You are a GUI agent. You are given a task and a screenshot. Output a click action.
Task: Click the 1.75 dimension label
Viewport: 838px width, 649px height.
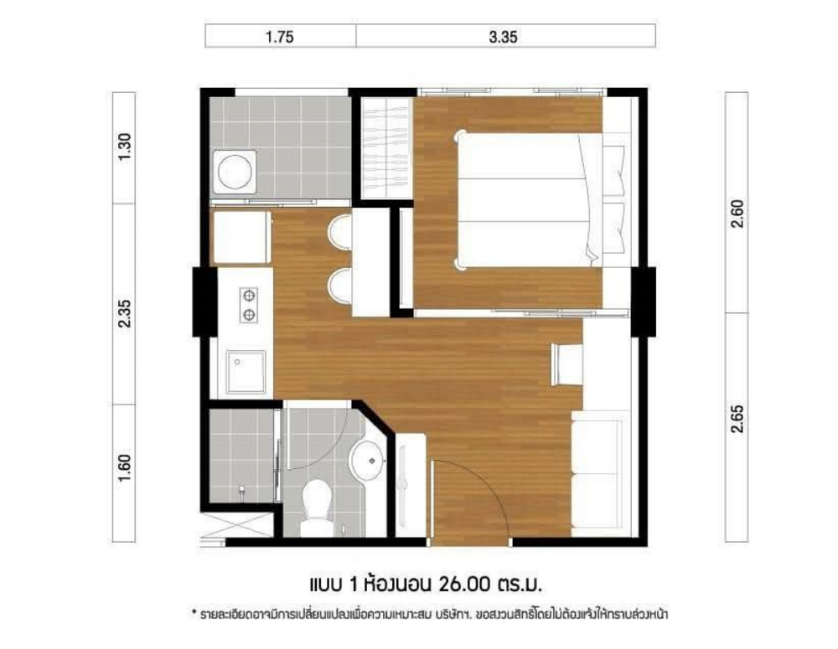tap(280, 37)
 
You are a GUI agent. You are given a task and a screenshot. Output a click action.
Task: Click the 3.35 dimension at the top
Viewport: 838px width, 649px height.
tap(503, 37)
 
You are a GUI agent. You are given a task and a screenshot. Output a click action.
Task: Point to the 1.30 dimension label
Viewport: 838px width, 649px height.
tap(124, 147)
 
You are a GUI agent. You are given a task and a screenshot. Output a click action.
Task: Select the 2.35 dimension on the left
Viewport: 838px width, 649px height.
tap(124, 313)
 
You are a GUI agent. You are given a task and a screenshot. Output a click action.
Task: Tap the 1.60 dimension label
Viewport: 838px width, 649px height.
tap(124, 468)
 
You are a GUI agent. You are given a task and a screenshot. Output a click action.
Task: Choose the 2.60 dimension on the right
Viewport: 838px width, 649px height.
tap(737, 214)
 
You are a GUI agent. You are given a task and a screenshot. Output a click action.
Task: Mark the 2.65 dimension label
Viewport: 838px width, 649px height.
tap(737, 420)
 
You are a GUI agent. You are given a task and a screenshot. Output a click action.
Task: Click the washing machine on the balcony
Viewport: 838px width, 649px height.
tap(235, 172)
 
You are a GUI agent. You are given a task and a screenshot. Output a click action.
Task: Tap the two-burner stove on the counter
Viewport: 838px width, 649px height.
tap(249, 305)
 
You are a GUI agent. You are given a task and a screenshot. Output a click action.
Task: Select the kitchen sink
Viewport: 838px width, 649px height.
tap(246, 372)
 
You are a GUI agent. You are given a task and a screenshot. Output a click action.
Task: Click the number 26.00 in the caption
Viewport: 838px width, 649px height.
tap(464, 584)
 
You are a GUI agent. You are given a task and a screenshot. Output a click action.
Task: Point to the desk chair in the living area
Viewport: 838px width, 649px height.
tap(566, 364)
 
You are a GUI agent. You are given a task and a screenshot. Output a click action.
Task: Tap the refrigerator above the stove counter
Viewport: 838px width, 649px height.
tap(242, 238)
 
